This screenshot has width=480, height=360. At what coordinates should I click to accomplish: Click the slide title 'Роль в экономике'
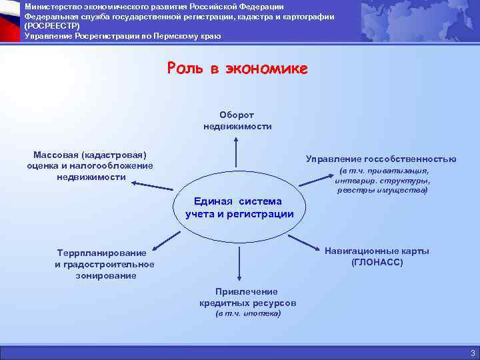[x=237, y=69]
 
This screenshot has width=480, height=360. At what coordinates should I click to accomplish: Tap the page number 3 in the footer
[x=472, y=353]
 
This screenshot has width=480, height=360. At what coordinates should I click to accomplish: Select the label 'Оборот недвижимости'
[x=237, y=120]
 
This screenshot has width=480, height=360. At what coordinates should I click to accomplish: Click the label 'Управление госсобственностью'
[x=381, y=159]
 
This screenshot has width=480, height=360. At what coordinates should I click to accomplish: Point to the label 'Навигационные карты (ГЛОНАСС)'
[x=377, y=257]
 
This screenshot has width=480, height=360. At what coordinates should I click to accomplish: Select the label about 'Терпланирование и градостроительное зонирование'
[x=105, y=264]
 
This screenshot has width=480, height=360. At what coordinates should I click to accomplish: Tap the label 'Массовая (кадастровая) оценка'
[x=90, y=165]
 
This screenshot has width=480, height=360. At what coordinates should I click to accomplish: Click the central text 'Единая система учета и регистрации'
[x=239, y=207]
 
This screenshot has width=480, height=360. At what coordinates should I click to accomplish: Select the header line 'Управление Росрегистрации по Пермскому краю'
[x=122, y=35]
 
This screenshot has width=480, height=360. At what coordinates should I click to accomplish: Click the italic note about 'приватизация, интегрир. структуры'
[x=383, y=180]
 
